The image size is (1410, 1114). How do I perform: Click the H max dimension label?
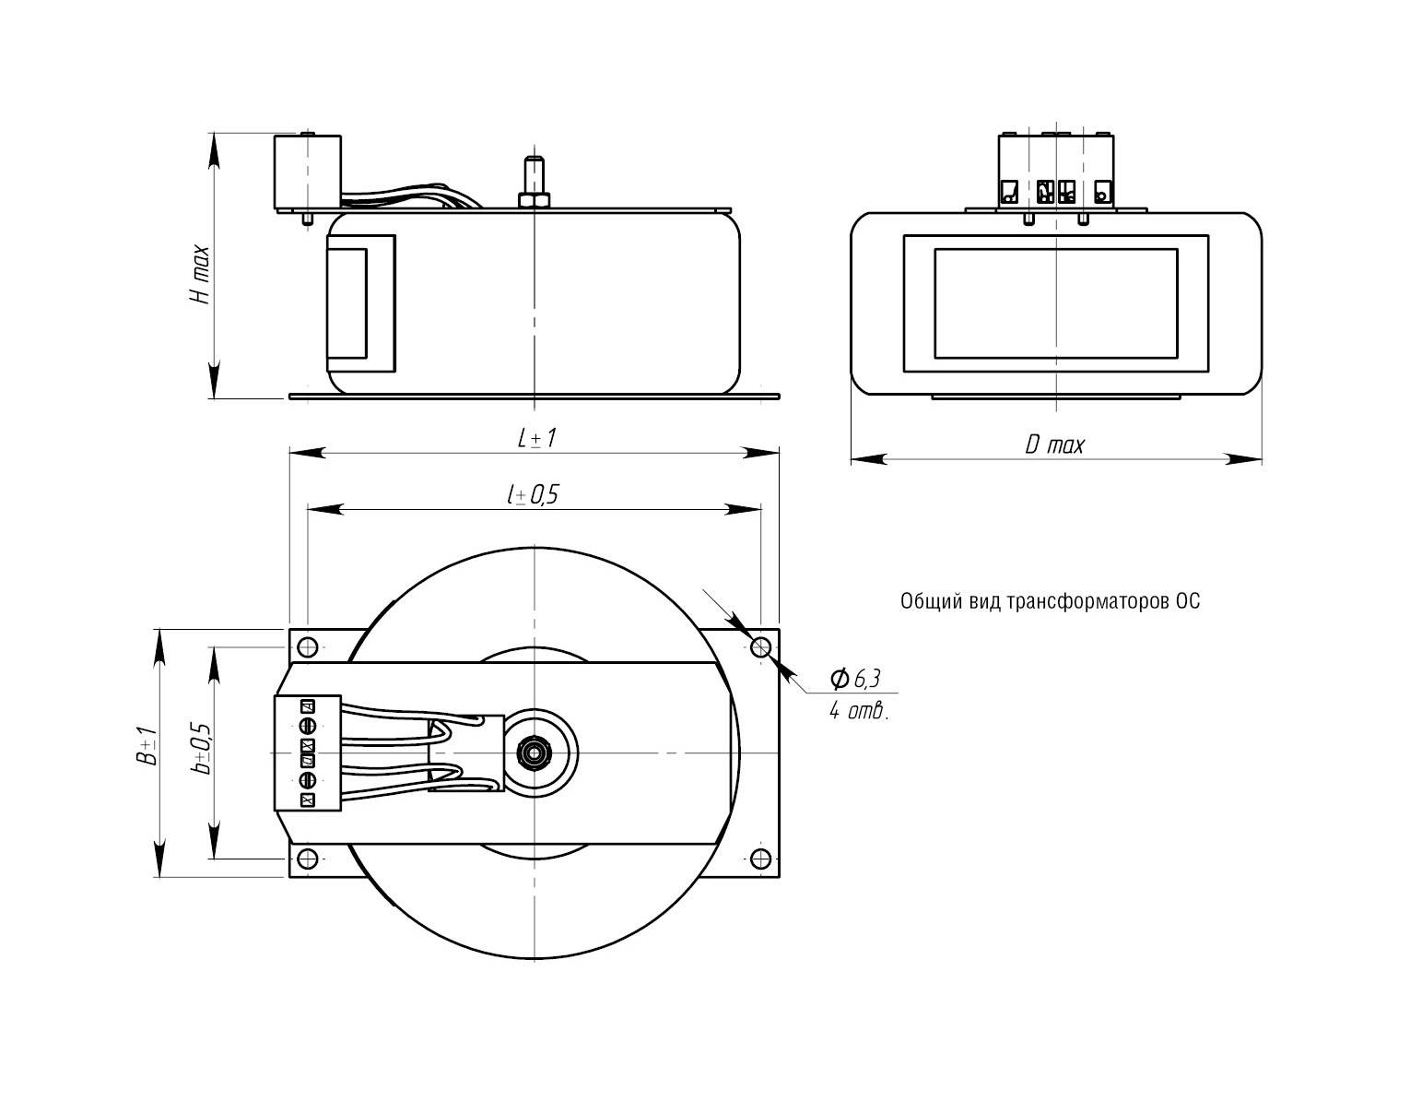[x=200, y=274]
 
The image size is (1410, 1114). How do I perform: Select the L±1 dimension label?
[x=535, y=438]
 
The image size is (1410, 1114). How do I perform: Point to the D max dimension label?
[x=1055, y=446]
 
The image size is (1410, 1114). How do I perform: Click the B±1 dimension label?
[x=147, y=746]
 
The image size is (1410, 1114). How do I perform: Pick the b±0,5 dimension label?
[x=202, y=748]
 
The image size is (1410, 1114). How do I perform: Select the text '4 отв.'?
[x=858, y=712]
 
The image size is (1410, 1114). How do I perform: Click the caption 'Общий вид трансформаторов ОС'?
[x=1050, y=602]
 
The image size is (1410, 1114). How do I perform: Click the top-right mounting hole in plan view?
[x=760, y=646]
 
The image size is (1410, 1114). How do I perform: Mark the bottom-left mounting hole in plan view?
[x=308, y=859]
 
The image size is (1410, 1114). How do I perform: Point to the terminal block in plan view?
[x=307, y=753]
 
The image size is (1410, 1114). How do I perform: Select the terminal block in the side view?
[x=307, y=172]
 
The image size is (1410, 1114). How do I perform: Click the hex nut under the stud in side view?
[x=534, y=199]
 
